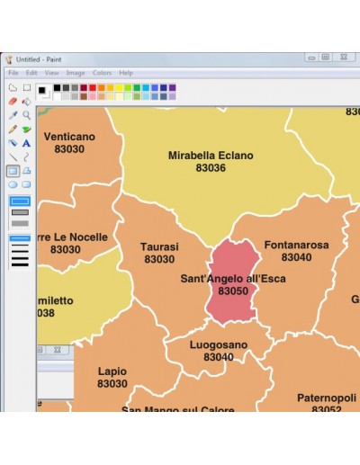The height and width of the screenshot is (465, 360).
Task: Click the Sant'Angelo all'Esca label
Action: [233, 279]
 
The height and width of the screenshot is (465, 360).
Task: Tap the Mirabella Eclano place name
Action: [211, 156]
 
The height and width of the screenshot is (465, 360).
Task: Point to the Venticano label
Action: [68, 137]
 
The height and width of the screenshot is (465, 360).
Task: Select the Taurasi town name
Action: [159, 246]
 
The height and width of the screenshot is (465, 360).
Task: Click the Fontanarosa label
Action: [296, 245]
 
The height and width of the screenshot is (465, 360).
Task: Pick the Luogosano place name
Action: [218, 344]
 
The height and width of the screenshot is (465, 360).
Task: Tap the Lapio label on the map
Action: [112, 371]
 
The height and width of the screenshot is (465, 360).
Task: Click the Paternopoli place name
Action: [327, 397]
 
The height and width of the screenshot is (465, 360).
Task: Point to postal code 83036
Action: [211, 168]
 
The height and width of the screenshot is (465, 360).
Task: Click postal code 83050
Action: [233, 291]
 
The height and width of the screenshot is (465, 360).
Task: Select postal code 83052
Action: [327, 409]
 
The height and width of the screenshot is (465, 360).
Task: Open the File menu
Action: [13, 73]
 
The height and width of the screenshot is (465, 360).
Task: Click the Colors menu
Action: [102, 73]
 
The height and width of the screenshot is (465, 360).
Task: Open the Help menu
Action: [126, 73]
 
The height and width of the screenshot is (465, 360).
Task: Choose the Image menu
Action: [76, 73]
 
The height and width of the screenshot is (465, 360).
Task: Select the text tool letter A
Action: [27, 143]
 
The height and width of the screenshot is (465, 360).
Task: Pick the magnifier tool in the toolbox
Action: [27, 115]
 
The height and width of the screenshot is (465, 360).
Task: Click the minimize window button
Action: [310, 58]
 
